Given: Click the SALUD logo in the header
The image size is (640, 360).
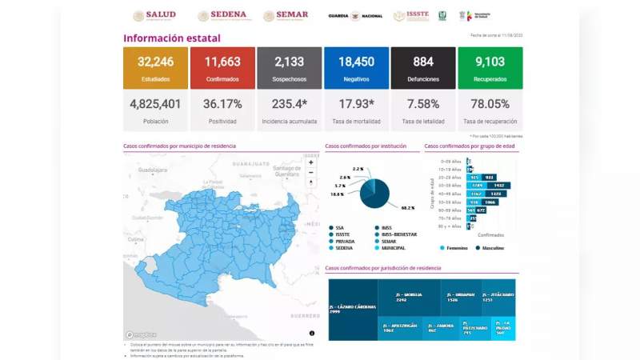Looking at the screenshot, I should pos(154,15).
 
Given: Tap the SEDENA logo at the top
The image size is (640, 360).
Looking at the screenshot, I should pos(220,15).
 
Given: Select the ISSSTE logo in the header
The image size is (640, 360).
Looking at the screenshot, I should pos(410,15).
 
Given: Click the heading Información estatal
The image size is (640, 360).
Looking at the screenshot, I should pos(171,38).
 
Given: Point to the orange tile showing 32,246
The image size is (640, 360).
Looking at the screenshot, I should pos(155,67).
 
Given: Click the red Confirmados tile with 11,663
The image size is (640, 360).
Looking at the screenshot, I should pos(222,67).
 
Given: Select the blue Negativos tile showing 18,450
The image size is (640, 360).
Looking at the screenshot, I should pos(356,67).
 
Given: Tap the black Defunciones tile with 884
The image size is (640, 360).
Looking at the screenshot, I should pos(423,67).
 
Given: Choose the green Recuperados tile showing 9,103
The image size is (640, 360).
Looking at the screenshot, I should pos(490,67).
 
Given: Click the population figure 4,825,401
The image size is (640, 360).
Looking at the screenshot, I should pos(155,104).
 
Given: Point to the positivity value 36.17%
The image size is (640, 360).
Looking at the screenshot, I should pos(222,104).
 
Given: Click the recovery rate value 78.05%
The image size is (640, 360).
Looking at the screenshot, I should pos(490,104).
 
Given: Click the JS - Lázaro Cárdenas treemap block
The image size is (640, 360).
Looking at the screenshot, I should pos(352,309).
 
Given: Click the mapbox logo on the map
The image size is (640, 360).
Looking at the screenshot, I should pos(142,334).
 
